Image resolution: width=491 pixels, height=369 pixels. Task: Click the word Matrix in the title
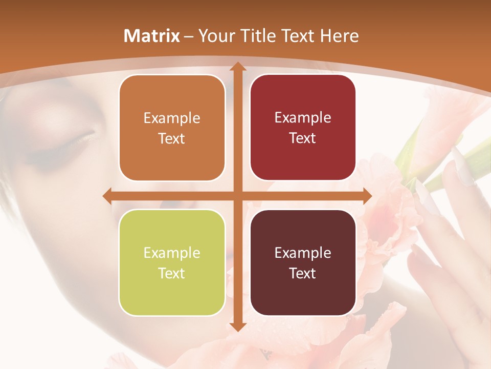(152, 36)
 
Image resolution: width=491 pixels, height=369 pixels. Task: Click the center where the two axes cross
(237, 196)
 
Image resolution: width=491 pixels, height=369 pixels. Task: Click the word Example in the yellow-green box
(172, 253)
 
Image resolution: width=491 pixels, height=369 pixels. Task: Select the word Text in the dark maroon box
(303, 273)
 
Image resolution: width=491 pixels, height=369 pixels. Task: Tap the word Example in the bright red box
(303, 117)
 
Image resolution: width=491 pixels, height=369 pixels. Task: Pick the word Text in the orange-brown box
(172, 138)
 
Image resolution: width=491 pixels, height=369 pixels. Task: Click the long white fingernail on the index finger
(463, 167)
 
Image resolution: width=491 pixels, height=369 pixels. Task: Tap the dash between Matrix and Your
(189, 36)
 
